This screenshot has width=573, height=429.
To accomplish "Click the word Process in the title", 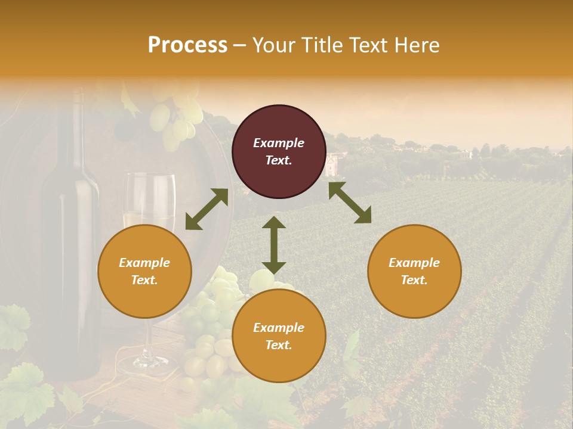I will (187, 45).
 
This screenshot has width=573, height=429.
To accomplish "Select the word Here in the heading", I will (415, 45).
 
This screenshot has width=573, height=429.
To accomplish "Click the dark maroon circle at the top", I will (279, 152).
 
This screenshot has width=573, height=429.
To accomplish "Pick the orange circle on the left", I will (144, 272).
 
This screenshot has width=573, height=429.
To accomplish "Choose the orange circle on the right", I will (414, 272).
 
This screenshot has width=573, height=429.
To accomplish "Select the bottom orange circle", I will (279, 336).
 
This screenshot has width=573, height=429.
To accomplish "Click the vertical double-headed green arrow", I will (274, 244).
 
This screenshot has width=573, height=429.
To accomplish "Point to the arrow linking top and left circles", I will (207, 209).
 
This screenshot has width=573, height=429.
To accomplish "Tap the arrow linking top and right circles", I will (350, 203).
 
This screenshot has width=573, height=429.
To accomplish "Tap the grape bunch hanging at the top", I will (176, 119).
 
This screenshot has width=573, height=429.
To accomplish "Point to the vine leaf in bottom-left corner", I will (24, 393).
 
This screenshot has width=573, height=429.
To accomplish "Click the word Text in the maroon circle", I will (279, 160).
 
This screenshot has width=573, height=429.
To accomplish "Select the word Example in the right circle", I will (414, 263).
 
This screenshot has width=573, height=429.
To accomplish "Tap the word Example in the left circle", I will (144, 263).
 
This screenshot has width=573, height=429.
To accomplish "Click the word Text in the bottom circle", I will (279, 345).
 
